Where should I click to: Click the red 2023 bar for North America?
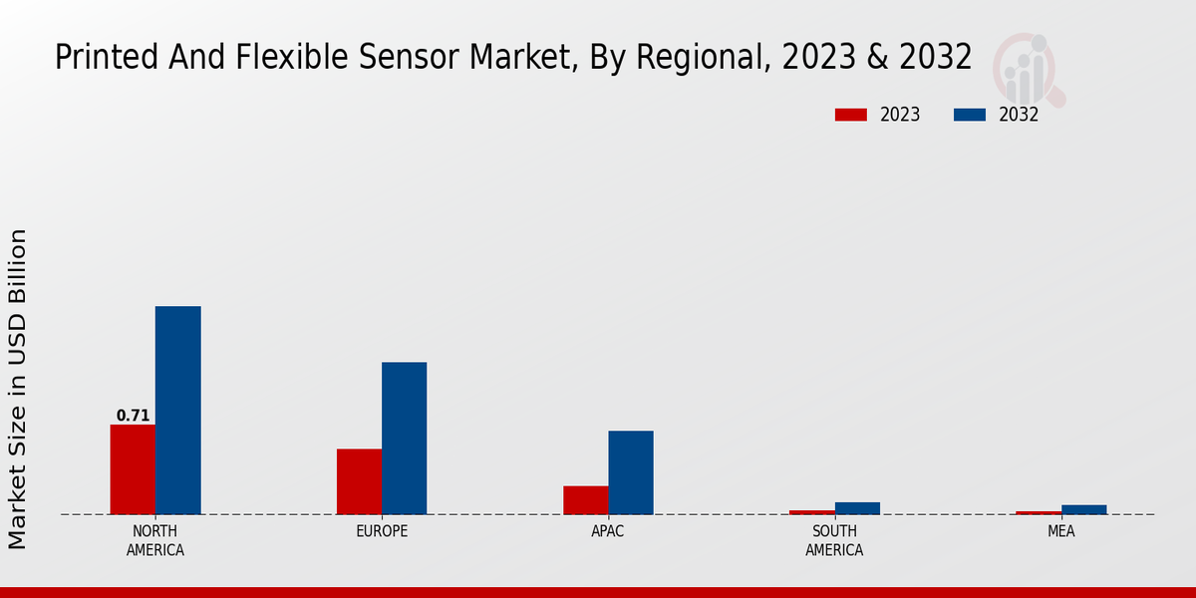pyautogui.click(x=133, y=469)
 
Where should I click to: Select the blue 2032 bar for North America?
pyautogui.click(x=177, y=411)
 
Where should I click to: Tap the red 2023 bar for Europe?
pyautogui.click(x=359, y=481)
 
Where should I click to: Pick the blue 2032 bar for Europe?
pyautogui.click(x=404, y=439)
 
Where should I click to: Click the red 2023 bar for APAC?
pyautogui.click(x=585, y=500)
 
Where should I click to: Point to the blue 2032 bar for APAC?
pyautogui.click(x=631, y=472)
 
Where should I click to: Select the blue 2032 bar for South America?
pyautogui.click(x=857, y=508)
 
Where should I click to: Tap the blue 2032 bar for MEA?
pyautogui.click(x=1083, y=509)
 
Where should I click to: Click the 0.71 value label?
pyautogui.click(x=133, y=416)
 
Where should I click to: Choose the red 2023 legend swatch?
pyautogui.click(x=851, y=115)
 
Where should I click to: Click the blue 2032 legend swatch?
pyautogui.click(x=969, y=115)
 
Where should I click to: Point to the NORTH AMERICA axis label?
pyautogui.click(x=155, y=540)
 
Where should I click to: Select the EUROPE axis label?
pyautogui.click(x=382, y=531)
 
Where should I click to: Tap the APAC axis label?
pyautogui.click(x=608, y=531)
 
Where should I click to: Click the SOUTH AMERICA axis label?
pyautogui.click(x=834, y=540)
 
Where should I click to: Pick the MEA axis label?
pyautogui.click(x=1060, y=531)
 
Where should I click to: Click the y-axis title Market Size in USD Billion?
pyautogui.click(x=18, y=389)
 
